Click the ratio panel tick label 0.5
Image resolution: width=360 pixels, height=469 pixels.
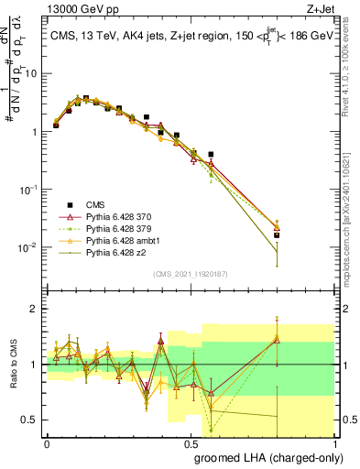click(x=29, y=420)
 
